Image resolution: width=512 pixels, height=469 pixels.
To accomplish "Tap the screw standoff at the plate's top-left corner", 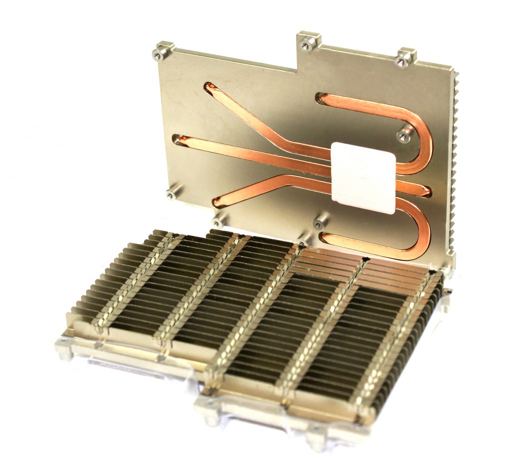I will pyautogui.click(x=162, y=50).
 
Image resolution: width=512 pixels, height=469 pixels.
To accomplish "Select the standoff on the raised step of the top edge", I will pyautogui.click(x=307, y=42).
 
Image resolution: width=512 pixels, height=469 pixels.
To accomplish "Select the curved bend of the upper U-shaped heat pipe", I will pyautogui.click(x=425, y=135).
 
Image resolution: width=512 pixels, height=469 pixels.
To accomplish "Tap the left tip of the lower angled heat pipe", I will pyautogui.click(x=218, y=201).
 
